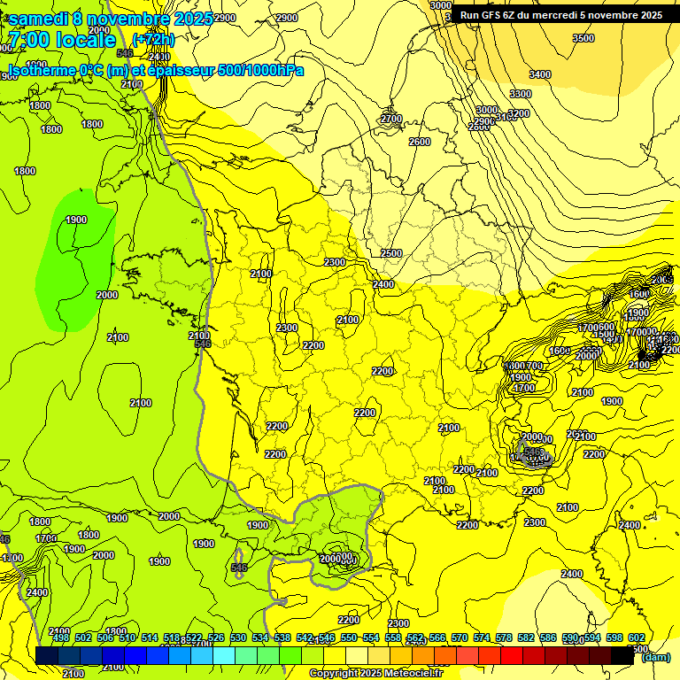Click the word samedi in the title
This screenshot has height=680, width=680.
click(x=37, y=19)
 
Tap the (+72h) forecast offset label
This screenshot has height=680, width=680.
click(x=153, y=40)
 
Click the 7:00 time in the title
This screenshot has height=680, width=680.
click(x=30, y=41)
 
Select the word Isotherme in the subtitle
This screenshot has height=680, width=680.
click(x=41, y=71)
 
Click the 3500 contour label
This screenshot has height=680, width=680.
click(x=583, y=38)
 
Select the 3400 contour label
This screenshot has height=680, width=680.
click(x=539, y=74)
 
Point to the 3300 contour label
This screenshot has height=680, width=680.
click(x=520, y=94)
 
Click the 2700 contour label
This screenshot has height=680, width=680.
click(x=390, y=119)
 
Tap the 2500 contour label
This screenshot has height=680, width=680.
click(x=390, y=253)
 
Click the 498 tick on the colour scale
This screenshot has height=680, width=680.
click(x=61, y=638)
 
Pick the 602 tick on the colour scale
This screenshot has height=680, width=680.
click(x=637, y=638)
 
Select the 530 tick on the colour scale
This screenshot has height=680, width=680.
click(x=238, y=638)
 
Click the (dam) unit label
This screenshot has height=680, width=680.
click(x=655, y=657)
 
